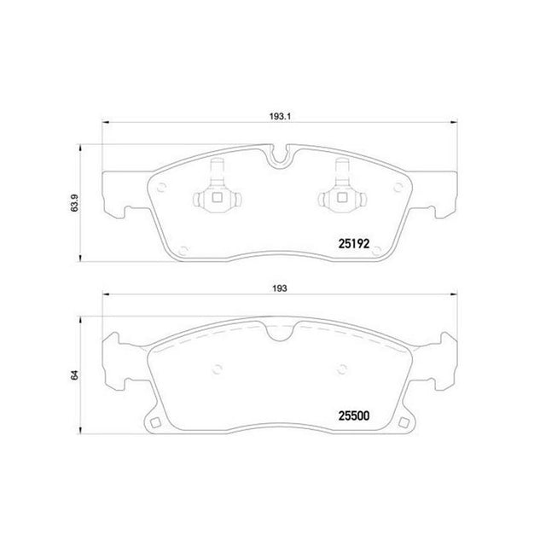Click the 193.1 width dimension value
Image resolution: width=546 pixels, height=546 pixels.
[x=280, y=116]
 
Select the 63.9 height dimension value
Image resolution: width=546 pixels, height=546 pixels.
[x=75, y=203]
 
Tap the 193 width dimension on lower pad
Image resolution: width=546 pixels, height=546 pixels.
[x=280, y=288]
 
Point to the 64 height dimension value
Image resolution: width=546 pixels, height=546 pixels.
[x=75, y=375]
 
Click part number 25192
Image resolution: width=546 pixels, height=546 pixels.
[x=354, y=244]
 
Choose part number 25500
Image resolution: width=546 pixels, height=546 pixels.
[x=354, y=415]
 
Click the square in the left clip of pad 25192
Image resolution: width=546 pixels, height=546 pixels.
[x=218, y=198]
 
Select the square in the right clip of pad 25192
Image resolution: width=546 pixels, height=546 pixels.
[x=342, y=198]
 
